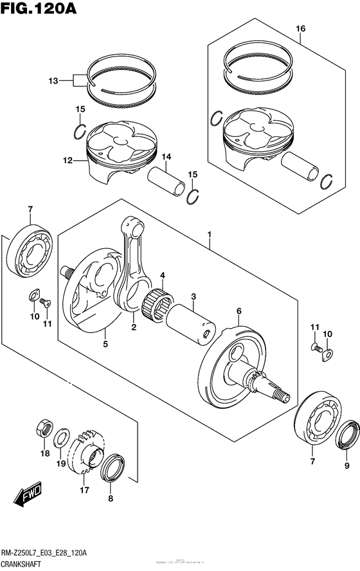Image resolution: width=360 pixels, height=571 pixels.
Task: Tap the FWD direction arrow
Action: coord(29,494)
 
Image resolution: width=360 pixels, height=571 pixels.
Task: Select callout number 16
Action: coord(300,29)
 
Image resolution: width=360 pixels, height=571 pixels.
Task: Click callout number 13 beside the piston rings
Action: coord(53,81)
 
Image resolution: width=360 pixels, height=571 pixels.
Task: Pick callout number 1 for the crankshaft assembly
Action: coord(209,235)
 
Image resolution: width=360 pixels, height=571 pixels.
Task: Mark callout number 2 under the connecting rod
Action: coord(134,327)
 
